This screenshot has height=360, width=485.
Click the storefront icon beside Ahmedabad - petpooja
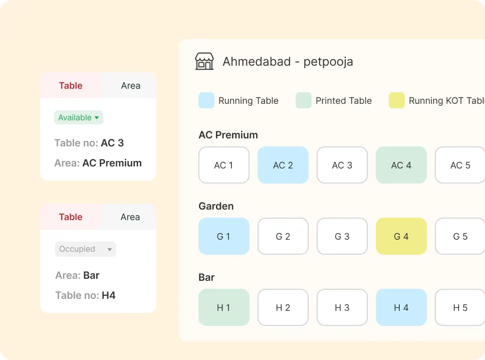point(204,62)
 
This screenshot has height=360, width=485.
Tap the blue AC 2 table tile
point(283,165)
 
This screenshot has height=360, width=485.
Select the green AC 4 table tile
point(401,165)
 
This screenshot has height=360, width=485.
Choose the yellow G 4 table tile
point(401,236)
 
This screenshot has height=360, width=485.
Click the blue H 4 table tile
point(401,307)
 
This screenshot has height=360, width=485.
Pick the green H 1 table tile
point(224,307)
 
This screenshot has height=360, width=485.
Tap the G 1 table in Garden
point(224,236)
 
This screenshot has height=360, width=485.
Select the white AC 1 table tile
point(224,165)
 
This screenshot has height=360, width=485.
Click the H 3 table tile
point(342,307)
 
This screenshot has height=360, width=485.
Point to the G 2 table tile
point(283,236)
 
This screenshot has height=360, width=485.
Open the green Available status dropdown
point(79,117)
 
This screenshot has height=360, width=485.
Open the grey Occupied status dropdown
point(85,249)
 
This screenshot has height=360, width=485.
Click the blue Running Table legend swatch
point(206,100)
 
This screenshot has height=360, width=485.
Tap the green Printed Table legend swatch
point(304,100)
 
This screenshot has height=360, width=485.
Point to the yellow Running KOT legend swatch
point(397,100)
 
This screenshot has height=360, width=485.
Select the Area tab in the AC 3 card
point(130,86)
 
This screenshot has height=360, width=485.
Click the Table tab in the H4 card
point(71,217)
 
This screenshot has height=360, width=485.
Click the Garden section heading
point(216,206)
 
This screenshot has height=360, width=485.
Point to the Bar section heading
point(206,277)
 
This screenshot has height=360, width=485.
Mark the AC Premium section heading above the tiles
point(228,135)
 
